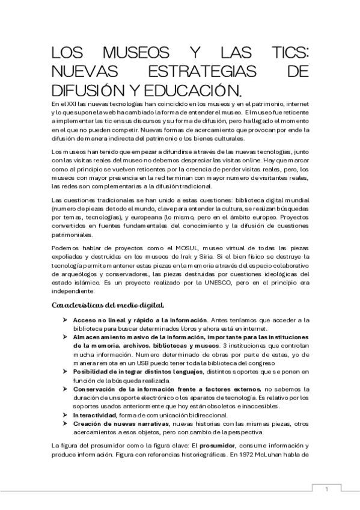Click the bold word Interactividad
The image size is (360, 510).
(x=94, y=415)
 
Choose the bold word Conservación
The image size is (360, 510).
(x=100, y=389)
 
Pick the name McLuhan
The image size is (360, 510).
(x=272, y=455)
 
